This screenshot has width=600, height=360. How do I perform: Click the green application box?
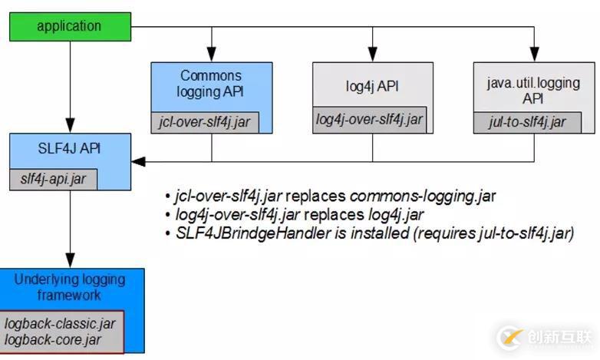(x=68, y=26)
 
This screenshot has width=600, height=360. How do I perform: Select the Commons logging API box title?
(x=210, y=84)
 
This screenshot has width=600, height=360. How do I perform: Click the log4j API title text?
(x=372, y=86)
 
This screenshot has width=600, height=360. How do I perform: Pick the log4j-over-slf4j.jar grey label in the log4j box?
(x=369, y=118)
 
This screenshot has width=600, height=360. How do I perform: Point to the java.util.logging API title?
(x=532, y=91)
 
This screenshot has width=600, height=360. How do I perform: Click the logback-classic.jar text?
(x=60, y=323)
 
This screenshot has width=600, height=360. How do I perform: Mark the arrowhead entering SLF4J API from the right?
(x=139, y=161)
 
